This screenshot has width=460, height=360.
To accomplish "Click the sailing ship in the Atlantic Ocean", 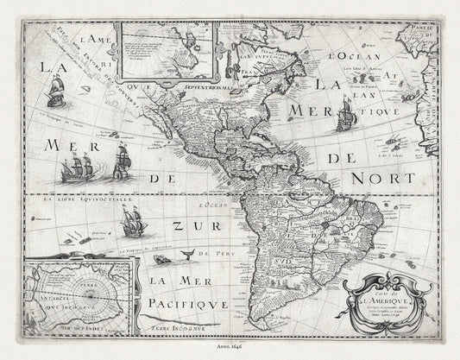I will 346,115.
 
